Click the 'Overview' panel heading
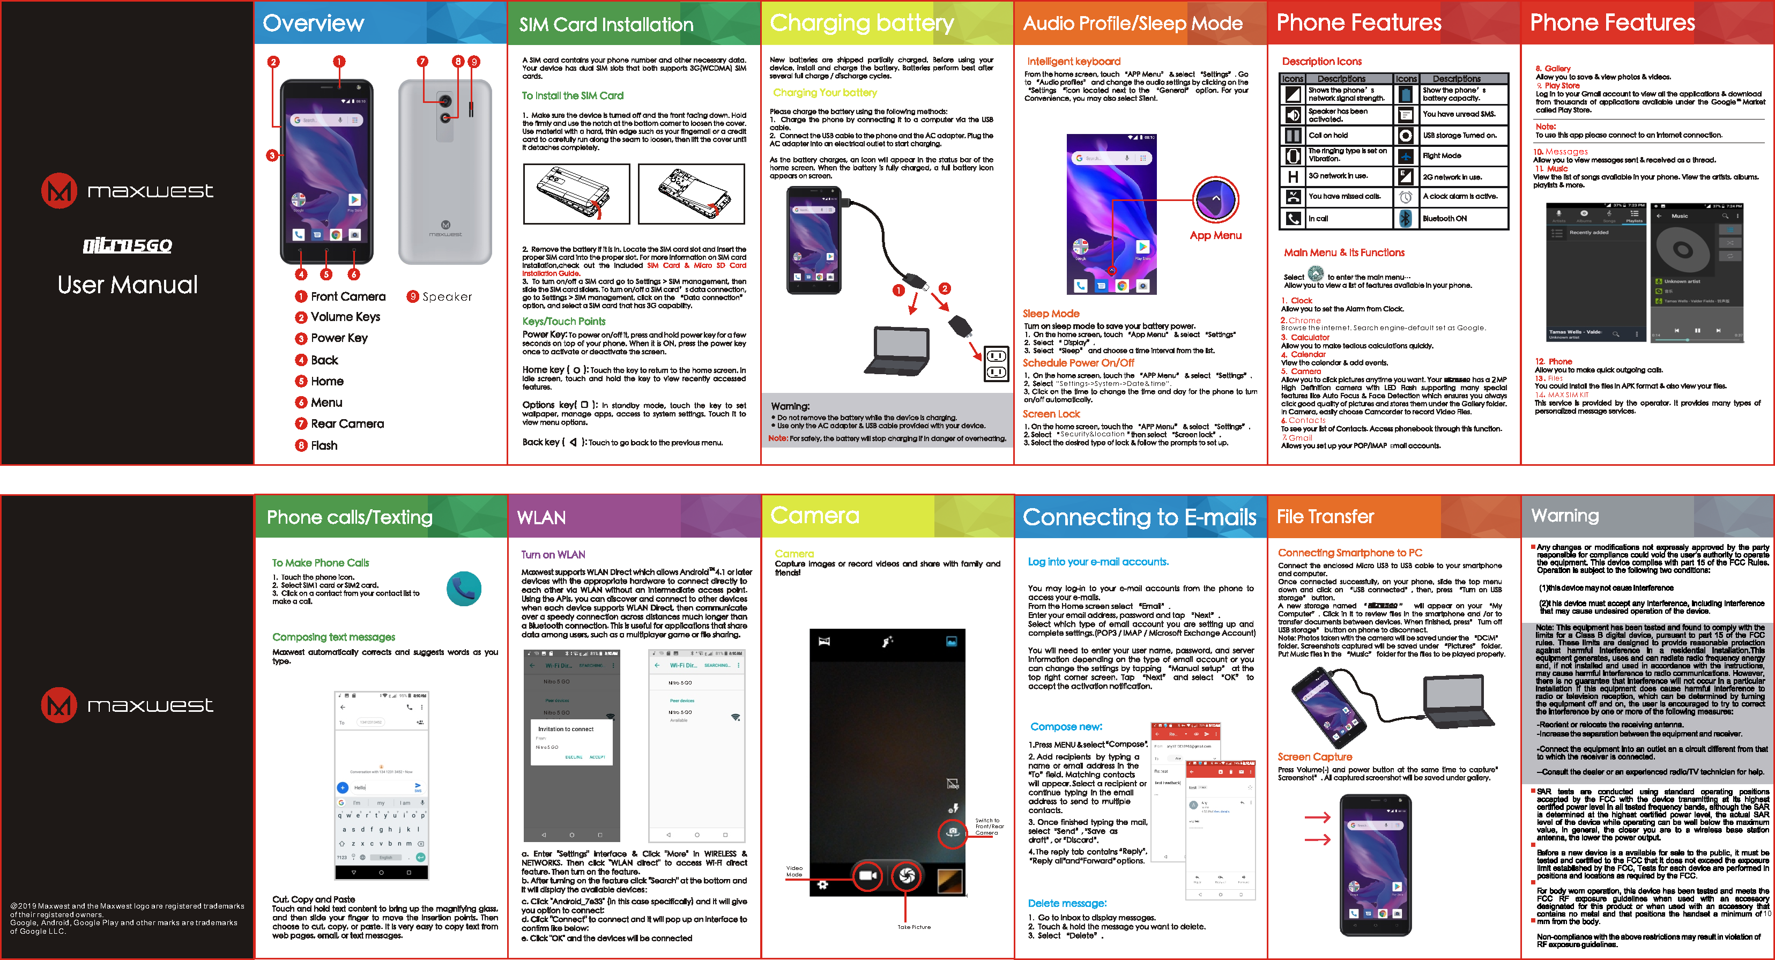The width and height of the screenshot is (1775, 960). tap(314, 24)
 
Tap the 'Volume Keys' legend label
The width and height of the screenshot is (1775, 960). tap(345, 317)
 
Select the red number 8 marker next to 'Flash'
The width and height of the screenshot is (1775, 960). tap(301, 446)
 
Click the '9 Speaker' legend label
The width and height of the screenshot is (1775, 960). tap(440, 297)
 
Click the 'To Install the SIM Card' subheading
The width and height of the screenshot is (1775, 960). tap(572, 96)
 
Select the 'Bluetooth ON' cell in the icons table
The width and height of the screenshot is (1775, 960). tap(1445, 219)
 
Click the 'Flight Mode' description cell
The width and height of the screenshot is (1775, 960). tap(1442, 156)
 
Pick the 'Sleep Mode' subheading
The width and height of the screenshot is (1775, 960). tap(1051, 314)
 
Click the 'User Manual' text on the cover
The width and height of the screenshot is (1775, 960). tap(128, 285)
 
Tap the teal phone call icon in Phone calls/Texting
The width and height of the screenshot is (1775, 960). tap(464, 589)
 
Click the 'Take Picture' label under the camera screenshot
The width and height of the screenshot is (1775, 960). tap(914, 927)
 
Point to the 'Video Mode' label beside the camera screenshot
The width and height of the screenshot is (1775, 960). tap(794, 871)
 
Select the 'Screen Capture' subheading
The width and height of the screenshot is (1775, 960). tap(1314, 757)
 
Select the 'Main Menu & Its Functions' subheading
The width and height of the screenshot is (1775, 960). tap(1343, 253)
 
